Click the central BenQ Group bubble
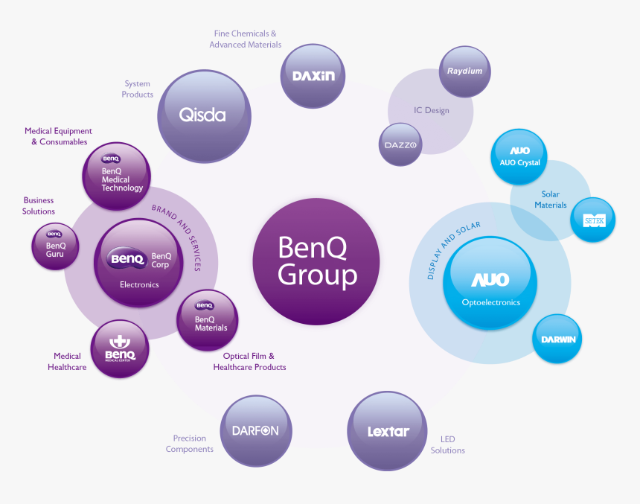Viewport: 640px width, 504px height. pyautogui.click(x=316, y=261)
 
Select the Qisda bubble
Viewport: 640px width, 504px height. pyautogui.click(x=202, y=115)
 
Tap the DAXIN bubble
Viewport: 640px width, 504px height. pyautogui.click(x=313, y=76)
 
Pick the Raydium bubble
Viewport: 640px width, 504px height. pyautogui.click(x=465, y=72)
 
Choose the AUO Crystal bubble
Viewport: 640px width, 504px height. pyautogui.click(x=520, y=157)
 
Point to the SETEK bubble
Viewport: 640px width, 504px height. pyautogui.click(x=593, y=220)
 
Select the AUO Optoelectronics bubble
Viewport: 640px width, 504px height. pyautogui.click(x=490, y=283)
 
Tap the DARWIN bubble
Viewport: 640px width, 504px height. pyautogui.click(x=558, y=339)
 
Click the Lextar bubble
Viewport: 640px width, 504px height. pyautogui.click(x=388, y=431)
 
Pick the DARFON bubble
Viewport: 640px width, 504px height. pyautogui.click(x=255, y=430)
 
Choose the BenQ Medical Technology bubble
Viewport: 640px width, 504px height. pyautogui.click(x=116, y=176)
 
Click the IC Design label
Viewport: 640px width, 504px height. pyautogui.click(x=432, y=111)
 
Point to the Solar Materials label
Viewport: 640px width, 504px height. pyautogui.click(x=551, y=200)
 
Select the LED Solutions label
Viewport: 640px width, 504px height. pyautogui.click(x=447, y=445)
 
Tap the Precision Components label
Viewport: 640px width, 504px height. pyautogui.click(x=190, y=444)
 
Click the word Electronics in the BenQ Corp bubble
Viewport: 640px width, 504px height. pyautogui.click(x=139, y=284)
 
